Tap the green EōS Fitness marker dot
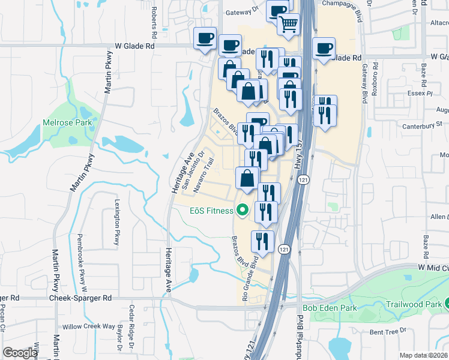pyautogui.click(x=243, y=210)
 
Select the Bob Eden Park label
pyautogui.click(x=330, y=308)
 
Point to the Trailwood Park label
pyautogui.click(x=414, y=304)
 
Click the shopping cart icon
pyautogui.click(x=289, y=25)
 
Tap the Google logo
pyautogui.click(x=20, y=353)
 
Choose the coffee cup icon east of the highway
pyautogui.click(x=324, y=48)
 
